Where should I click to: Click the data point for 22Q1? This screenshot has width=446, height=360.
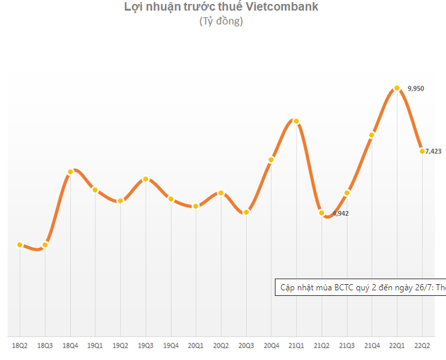[397, 88]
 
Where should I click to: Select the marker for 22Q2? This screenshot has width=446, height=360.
[422, 150]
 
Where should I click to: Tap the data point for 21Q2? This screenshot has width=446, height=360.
[321, 213]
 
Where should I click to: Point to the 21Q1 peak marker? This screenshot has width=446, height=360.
[296, 121]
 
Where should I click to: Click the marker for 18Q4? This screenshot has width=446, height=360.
[70, 171]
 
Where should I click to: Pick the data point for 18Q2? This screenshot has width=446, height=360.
[20, 244]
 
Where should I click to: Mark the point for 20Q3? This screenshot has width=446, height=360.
[246, 212]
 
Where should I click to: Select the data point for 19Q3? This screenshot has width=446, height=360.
[145, 179]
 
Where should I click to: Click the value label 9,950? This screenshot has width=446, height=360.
[415, 88]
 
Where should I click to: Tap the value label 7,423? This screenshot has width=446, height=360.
[433, 150]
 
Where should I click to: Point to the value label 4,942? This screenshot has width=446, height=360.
[340, 214]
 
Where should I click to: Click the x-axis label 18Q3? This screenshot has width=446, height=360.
[45, 345]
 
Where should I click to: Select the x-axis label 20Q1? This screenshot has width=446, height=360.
[196, 345]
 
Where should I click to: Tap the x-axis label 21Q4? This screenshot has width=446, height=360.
[372, 345]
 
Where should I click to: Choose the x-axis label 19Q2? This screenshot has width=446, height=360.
[120, 345]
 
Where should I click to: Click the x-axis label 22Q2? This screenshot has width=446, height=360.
[422, 345]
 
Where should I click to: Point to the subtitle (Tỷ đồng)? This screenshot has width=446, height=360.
[221, 22]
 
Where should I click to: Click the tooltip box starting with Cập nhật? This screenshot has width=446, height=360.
[360, 288]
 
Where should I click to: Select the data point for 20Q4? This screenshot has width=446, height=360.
[271, 160]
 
